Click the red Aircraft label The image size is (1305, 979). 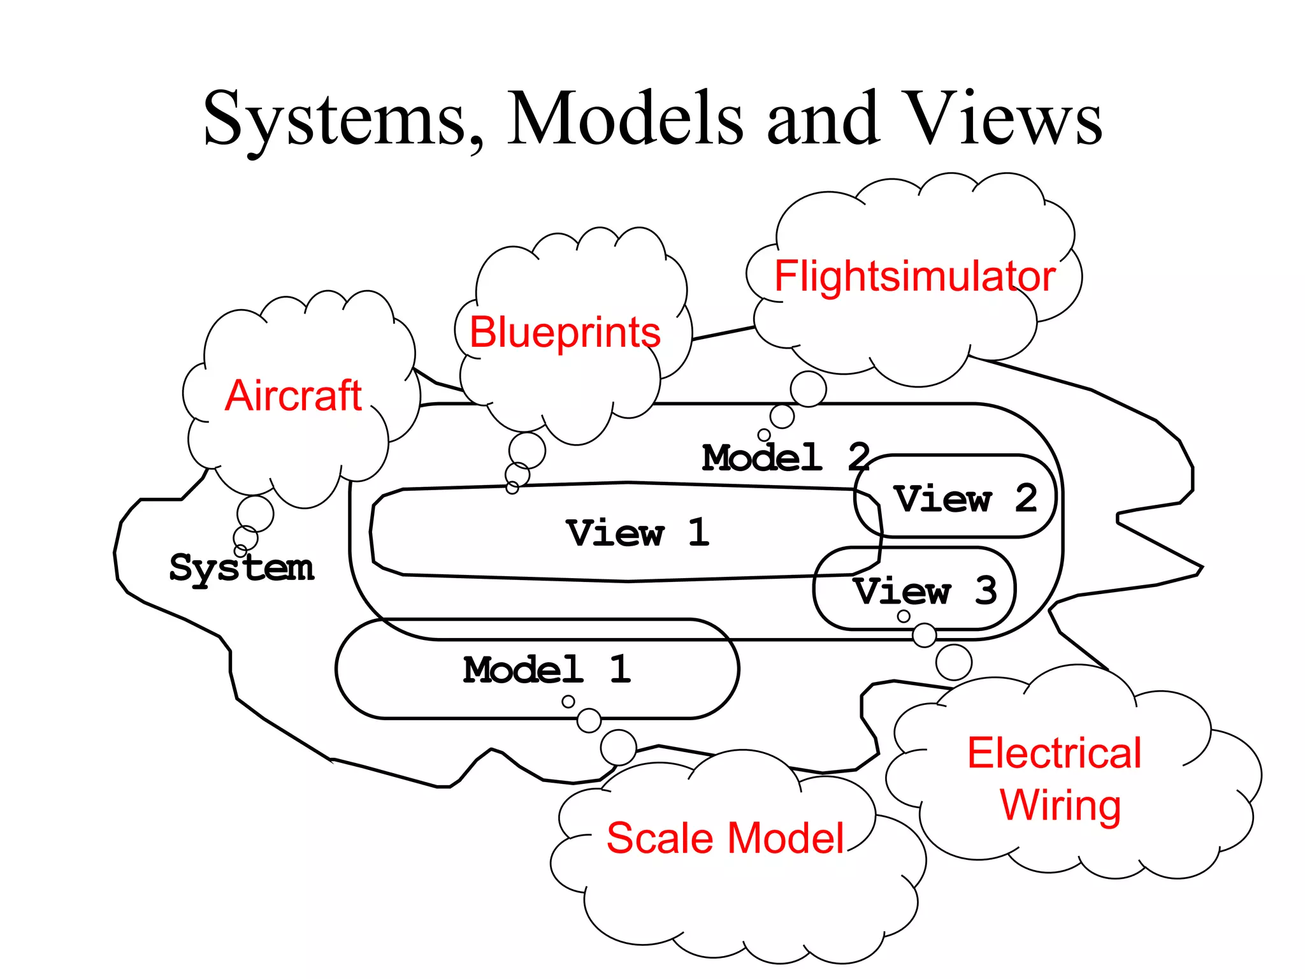click(293, 396)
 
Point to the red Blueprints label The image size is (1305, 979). click(565, 333)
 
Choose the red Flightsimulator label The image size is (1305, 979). click(914, 277)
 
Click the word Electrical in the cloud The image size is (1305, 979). click(1054, 753)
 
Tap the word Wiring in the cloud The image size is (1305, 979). click(1060, 806)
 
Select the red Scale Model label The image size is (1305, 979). click(725, 838)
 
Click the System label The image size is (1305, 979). click(242, 567)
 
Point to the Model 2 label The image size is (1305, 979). click(786, 458)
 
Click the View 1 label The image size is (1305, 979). click(637, 533)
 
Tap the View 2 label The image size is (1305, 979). click(965, 498)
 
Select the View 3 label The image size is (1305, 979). click(924, 591)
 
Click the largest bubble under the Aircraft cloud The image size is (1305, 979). click(255, 514)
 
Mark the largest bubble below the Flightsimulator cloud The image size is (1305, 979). click(808, 389)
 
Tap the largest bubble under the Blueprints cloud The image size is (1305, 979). click(527, 451)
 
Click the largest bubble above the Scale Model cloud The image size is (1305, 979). click(618, 747)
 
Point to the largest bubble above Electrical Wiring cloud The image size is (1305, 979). click(953, 662)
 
